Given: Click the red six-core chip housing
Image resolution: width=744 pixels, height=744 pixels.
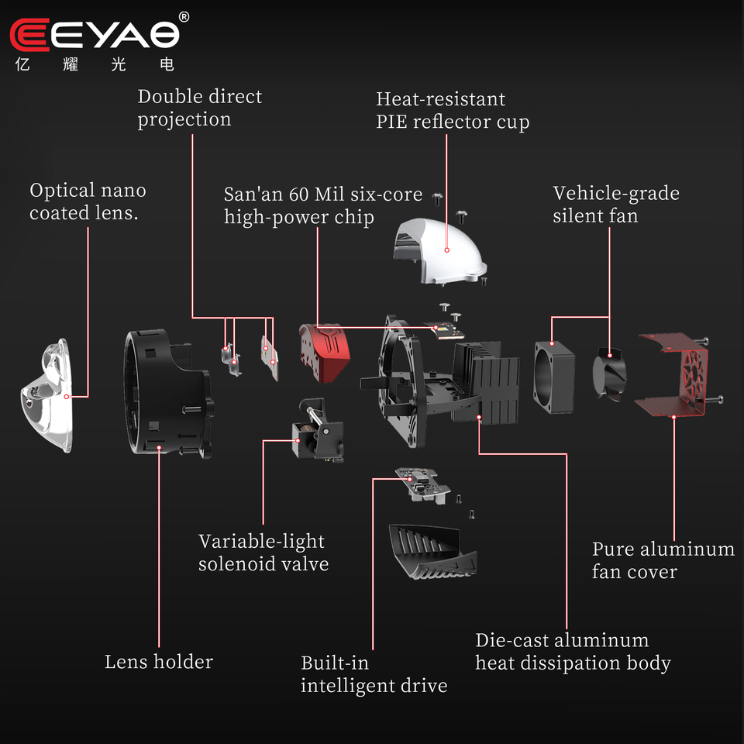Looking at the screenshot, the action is [x=325, y=353].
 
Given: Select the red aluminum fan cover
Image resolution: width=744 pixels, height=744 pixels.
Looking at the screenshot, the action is [x=673, y=376].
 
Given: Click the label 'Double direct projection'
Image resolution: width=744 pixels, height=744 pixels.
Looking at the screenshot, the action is [x=200, y=108].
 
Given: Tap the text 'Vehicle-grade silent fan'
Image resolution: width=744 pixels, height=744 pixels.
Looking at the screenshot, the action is [x=615, y=204].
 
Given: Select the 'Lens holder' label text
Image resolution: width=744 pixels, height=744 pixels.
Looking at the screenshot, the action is [x=159, y=662].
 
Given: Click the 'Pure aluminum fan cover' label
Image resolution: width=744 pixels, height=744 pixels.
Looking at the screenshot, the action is [x=663, y=560].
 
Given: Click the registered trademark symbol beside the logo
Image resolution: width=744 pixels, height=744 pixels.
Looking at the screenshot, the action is [x=184, y=16].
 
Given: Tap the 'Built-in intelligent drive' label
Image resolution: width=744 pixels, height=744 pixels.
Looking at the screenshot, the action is [x=374, y=674].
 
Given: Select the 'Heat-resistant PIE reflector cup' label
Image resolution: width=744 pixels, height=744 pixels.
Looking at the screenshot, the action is [x=453, y=110].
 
